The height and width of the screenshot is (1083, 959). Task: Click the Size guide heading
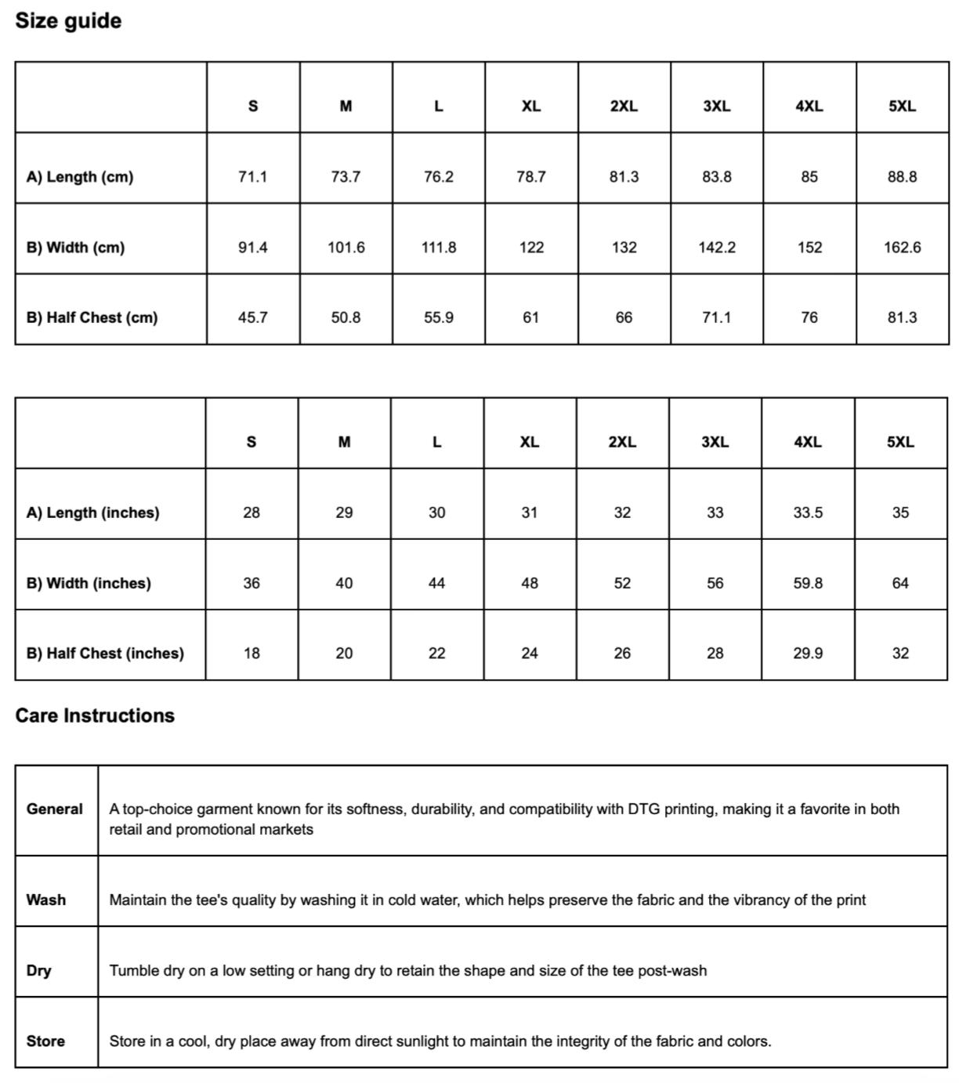point(68,20)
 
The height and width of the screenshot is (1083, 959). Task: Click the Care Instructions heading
point(95,715)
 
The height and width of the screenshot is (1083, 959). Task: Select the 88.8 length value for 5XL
point(902,176)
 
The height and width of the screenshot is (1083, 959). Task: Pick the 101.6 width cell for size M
point(346,247)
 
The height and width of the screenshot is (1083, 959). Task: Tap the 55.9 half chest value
point(438,317)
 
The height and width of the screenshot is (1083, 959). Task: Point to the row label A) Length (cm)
point(80,176)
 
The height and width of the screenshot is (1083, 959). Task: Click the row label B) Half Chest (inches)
point(105,653)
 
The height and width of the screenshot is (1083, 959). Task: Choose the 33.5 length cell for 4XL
point(808,513)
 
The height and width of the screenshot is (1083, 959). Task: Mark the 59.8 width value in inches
point(808,583)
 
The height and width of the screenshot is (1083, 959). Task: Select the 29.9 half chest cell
point(808,653)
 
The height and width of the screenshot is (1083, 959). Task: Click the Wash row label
point(46,900)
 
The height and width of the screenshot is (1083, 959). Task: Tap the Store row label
point(45,1041)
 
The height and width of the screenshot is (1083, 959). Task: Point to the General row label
point(54,809)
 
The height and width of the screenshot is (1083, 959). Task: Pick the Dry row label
point(38,970)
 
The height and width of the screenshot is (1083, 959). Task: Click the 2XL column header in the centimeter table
point(624,106)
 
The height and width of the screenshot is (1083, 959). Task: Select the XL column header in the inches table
point(530,442)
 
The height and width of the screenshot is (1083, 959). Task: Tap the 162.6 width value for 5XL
point(902,247)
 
